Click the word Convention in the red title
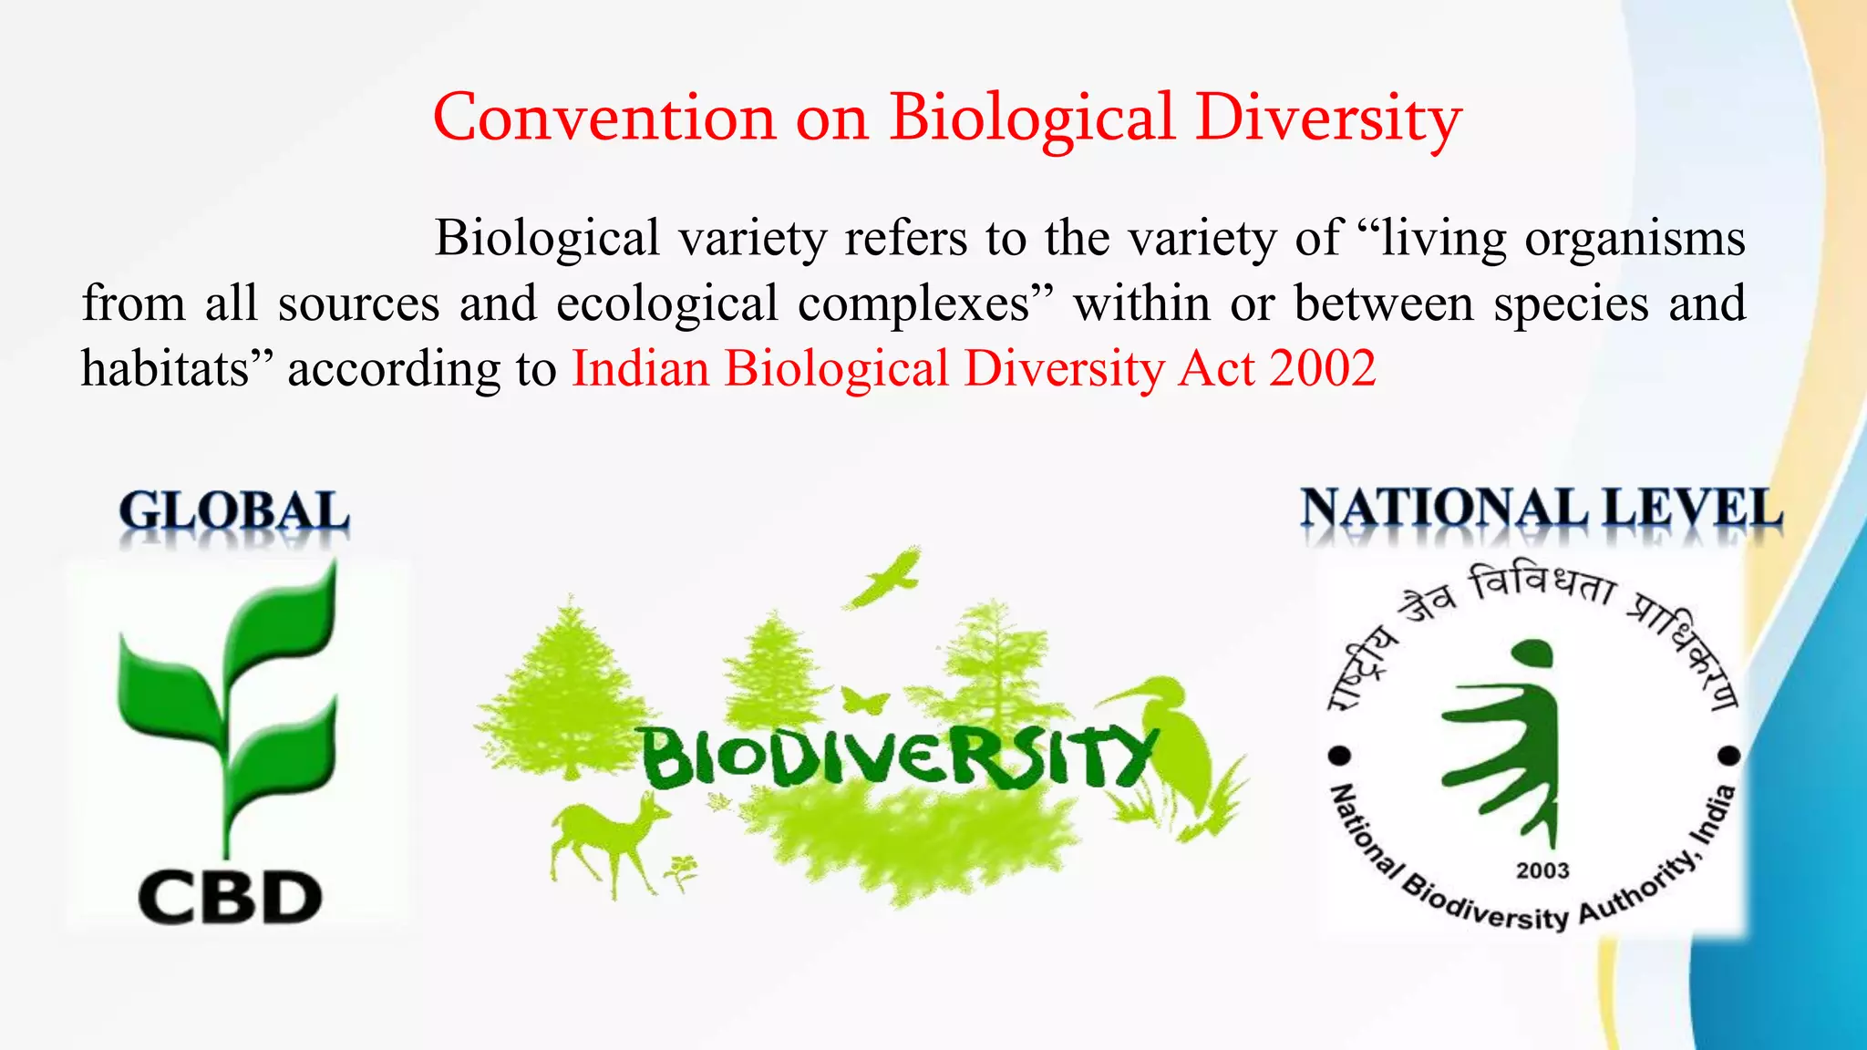pyautogui.click(x=603, y=118)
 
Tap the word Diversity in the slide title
pyautogui.click(x=1328, y=119)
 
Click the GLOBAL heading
pyautogui.click(x=233, y=511)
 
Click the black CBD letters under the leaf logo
pyautogui.click(x=230, y=898)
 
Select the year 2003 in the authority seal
pyautogui.click(x=1542, y=871)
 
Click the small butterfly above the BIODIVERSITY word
pyautogui.click(x=864, y=702)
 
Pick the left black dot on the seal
pyautogui.click(x=1341, y=756)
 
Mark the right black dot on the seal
pyautogui.click(x=1729, y=756)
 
